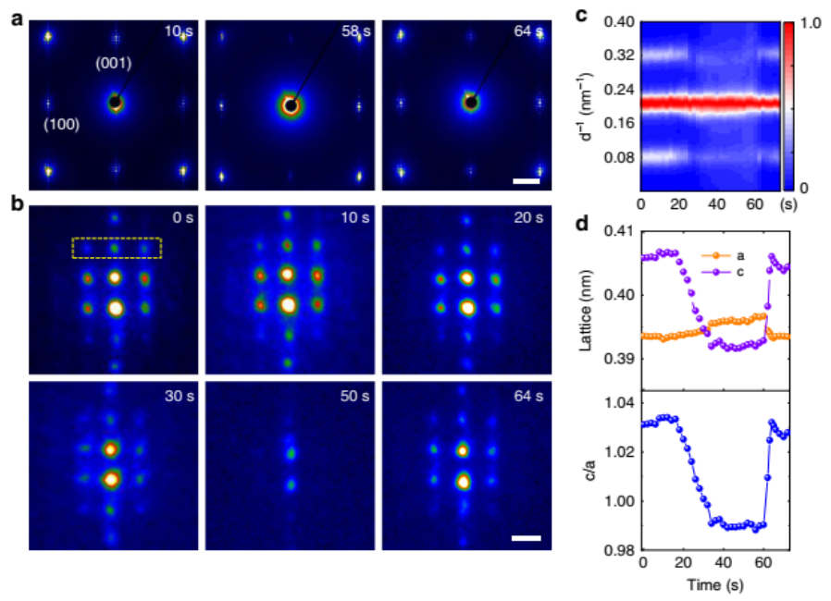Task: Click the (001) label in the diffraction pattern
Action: point(115,65)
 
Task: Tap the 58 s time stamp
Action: point(348,32)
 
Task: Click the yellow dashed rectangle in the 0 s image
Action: point(117,248)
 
